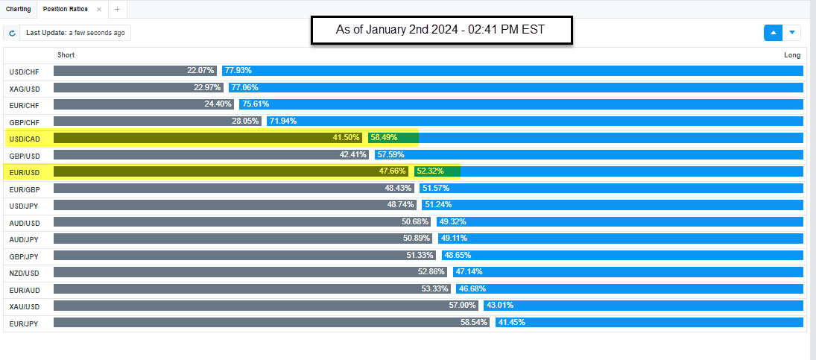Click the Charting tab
click(x=18, y=9)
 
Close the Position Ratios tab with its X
click(x=99, y=9)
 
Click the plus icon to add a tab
click(x=117, y=9)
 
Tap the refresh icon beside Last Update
click(x=12, y=34)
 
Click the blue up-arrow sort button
click(x=773, y=33)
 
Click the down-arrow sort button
click(x=791, y=33)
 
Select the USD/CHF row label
click(x=24, y=72)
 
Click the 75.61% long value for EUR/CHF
click(x=256, y=104)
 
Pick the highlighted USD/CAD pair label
click(x=24, y=139)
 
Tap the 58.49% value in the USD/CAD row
click(x=384, y=138)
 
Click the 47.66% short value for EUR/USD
click(x=393, y=171)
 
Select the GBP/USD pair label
click(x=24, y=156)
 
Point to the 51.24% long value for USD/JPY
click(x=438, y=205)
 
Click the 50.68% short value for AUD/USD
click(x=415, y=222)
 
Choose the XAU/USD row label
click(x=24, y=306)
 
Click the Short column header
click(x=66, y=55)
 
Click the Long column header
click(x=792, y=55)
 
